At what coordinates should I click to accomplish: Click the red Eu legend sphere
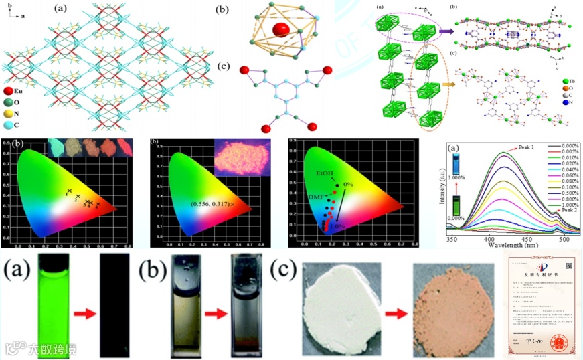[8, 90]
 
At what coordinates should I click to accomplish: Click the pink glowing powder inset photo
[242, 158]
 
